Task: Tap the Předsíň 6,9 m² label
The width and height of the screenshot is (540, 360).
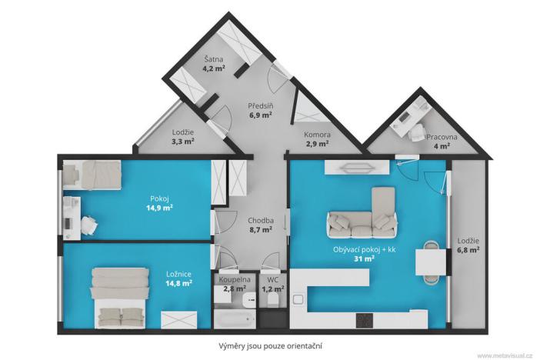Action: pos(261,111)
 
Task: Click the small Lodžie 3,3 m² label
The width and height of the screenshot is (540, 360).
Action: pos(182,137)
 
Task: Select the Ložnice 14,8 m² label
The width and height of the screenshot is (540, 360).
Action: pos(179,277)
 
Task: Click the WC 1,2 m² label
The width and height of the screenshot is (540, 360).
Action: pos(272,284)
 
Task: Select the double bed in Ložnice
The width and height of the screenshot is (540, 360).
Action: pos(120,296)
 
